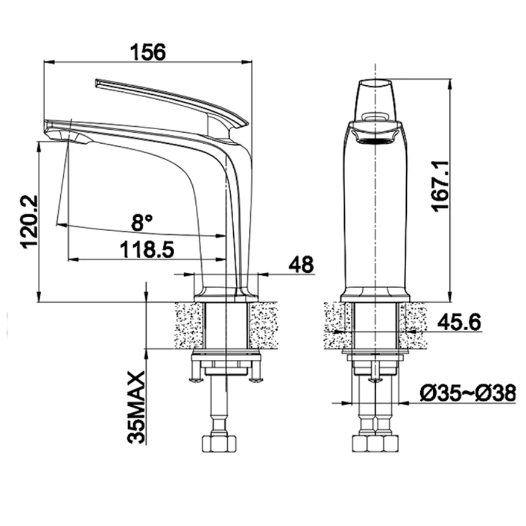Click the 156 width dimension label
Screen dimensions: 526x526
[x=148, y=52]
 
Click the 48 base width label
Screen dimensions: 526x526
[x=301, y=264]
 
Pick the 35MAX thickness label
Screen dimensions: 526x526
[x=136, y=407]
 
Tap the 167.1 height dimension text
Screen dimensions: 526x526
[x=440, y=185]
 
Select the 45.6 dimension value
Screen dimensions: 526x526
[x=459, y=322]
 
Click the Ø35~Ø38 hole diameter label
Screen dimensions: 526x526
[x=468, y=393]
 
